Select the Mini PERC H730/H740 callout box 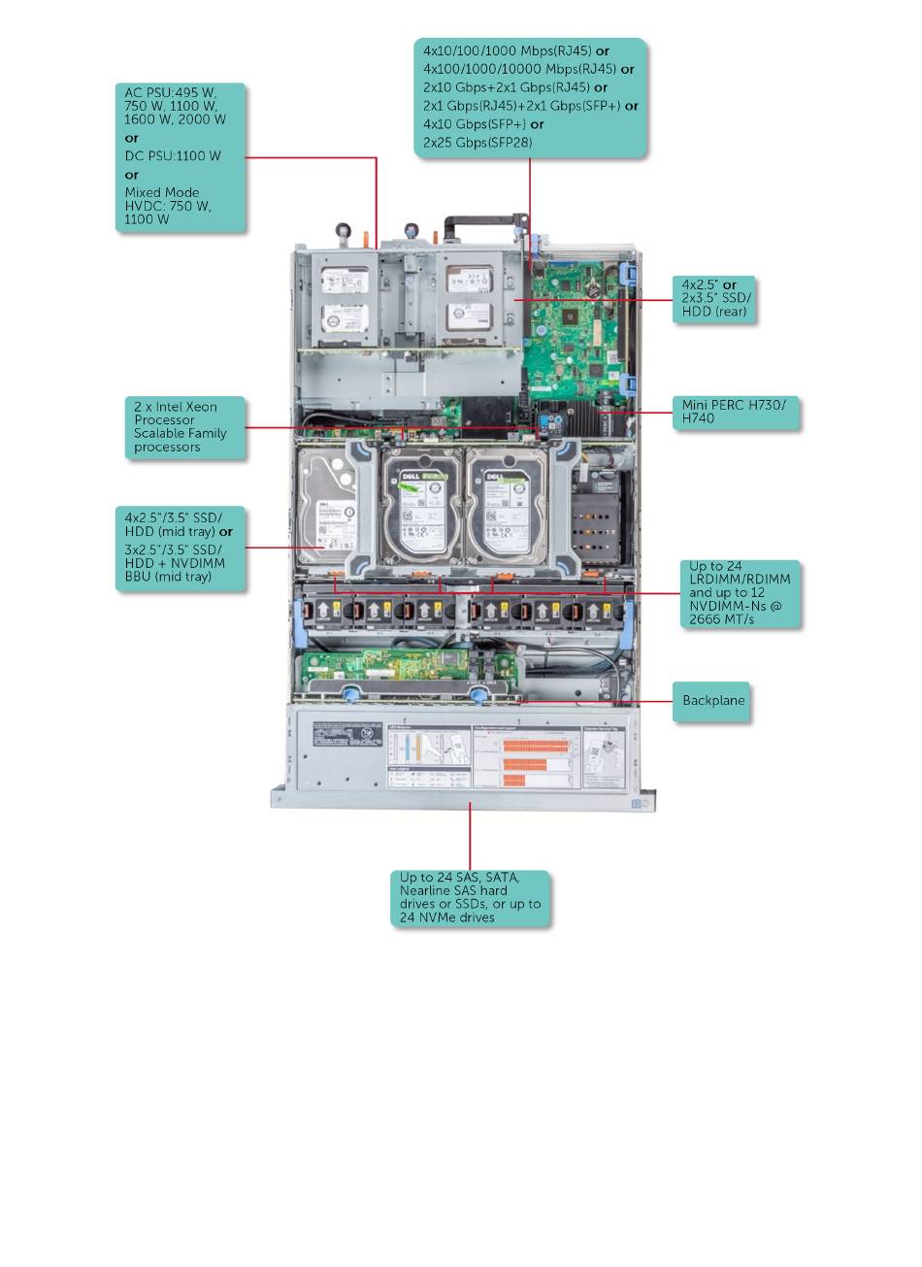[x=735, y=412]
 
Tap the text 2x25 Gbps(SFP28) [x=477, y=143]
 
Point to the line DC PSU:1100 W [x=173, y=155]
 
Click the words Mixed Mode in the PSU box [x=162, y=192]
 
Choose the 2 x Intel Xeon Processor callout [x=185, y=427]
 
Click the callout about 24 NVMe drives [x=470, y=897]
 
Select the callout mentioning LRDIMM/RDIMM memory [x=740, y=593]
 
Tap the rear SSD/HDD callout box [x=715, y=299]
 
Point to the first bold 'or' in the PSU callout [x=132, y=138]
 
